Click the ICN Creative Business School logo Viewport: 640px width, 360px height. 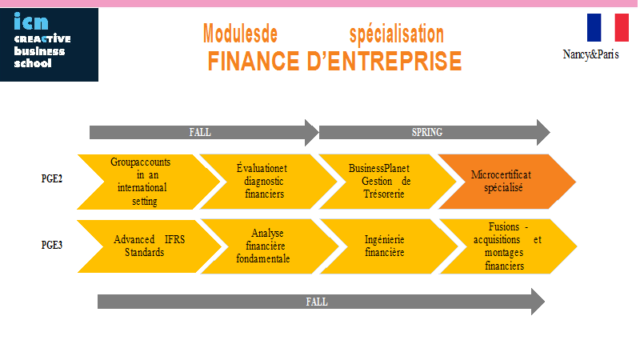(x=49, y=45)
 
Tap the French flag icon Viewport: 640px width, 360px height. (x=608, y=27)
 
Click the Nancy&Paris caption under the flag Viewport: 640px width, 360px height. (x=590, y=54)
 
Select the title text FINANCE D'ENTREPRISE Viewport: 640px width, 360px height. (x=334, y=62)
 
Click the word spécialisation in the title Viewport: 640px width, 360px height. (x=396, y=34)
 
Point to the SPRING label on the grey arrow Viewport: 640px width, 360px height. (x=427, y=132)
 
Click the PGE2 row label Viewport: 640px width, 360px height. (x=52, y=178)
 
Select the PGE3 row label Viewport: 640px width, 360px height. (x=52, y=245)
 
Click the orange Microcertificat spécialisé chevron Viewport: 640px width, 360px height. (x=507, y=182)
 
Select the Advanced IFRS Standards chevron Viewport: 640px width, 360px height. (x=150, y=246)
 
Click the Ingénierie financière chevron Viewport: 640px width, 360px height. (x=389, y=246)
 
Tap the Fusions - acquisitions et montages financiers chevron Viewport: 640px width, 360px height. (x=508, y=246)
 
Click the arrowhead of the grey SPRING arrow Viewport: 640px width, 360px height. (x=543, y=132)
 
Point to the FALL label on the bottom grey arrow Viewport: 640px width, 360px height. (x=317, y=302)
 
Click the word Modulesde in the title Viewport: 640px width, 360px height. (x=241, y=34)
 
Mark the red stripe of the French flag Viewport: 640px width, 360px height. (x=622, y=27)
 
